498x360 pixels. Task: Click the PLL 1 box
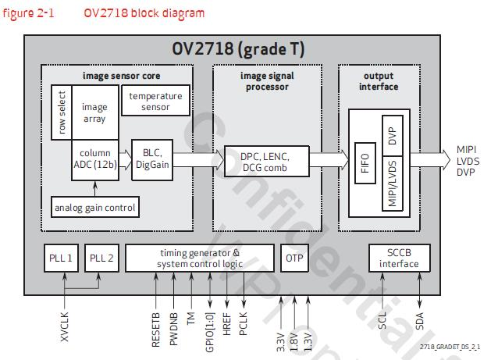pos(61,258)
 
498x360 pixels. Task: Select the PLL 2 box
pos(101,258)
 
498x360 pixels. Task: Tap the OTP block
pos(294,258)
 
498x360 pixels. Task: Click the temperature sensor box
pos(155,100)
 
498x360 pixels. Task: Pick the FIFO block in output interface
pos(365,163)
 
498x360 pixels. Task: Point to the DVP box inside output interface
pos(393,136)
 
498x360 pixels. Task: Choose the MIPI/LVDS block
pos(393,184)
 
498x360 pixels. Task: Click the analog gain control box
pos(95,207)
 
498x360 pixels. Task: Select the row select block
pos(62,112)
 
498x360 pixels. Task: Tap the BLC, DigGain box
pos(152,160)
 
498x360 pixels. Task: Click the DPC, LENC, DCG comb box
pos(266,162)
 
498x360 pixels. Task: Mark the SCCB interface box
pos(399,258)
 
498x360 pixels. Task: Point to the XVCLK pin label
pos(65,326)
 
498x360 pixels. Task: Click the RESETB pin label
pos(156,330)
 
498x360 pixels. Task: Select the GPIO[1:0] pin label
pos(210,333)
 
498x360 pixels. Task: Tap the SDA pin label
pos(419,321)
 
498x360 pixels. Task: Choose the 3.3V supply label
pos(280,342)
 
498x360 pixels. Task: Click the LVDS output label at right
pos(468,161)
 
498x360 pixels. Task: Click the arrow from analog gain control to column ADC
pos(94,189)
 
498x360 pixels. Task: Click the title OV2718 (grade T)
pos(238,48)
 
